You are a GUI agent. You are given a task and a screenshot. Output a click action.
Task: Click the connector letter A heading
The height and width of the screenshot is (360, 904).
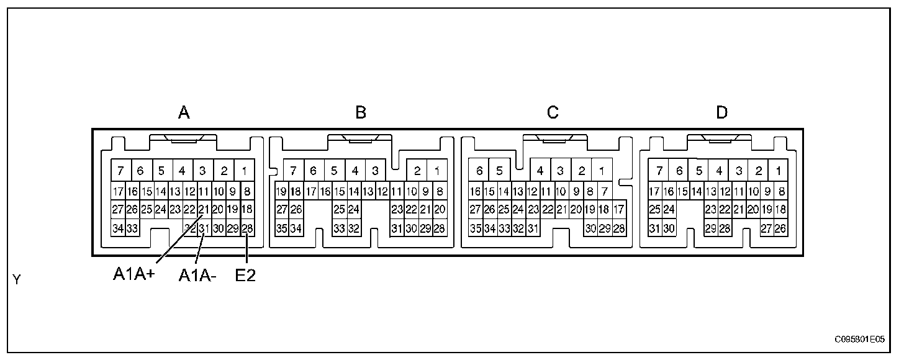[x=184, y=112]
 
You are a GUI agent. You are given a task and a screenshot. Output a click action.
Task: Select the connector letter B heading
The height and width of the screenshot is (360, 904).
[x=361, y=112]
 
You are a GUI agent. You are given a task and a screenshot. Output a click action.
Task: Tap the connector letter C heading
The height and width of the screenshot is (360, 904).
[x=553, y=112]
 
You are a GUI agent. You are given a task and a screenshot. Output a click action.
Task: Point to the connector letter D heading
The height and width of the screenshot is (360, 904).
[x=721, y=112]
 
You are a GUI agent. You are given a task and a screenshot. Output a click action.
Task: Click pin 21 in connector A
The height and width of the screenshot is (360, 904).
[x=204, y=209]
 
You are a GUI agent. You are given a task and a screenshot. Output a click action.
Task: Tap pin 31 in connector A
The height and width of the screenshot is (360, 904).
[x=204, y=228]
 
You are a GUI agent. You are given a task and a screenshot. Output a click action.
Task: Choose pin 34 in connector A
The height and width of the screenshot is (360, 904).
[x=118, y=228]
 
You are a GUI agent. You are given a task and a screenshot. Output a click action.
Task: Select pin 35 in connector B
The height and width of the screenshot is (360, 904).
[x=282, y=228]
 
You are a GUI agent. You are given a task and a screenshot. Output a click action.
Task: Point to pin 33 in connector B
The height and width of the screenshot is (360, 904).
[x=339, y=228]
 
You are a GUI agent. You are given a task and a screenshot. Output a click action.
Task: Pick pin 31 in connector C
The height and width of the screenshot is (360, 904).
[x=533, y=228]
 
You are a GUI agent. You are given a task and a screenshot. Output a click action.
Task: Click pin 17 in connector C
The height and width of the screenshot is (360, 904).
[x=618, y=209]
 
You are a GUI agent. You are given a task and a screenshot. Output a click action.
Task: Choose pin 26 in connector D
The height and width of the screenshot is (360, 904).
[x=781, y=228]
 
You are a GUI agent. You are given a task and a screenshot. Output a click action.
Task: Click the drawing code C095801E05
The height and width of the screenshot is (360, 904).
[x=859, y=340]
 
